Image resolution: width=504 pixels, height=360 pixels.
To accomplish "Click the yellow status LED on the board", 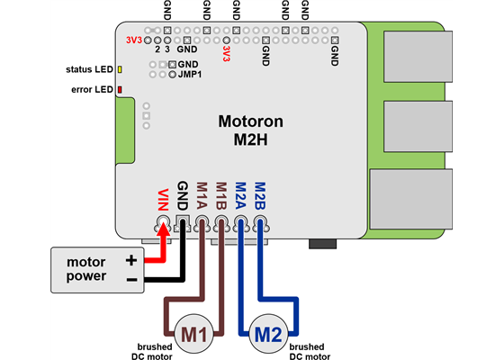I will point(120,69).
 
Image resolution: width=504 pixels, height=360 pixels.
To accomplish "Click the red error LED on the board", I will point(120,90).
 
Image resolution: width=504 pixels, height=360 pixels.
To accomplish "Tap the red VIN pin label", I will point(163,198).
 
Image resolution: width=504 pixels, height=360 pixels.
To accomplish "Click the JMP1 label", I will point(191,76).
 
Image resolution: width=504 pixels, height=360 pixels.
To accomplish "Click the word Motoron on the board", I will point(253,121).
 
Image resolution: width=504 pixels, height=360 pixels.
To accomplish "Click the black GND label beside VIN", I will point(183,195).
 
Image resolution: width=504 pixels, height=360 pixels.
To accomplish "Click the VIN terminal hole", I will point(163,221).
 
